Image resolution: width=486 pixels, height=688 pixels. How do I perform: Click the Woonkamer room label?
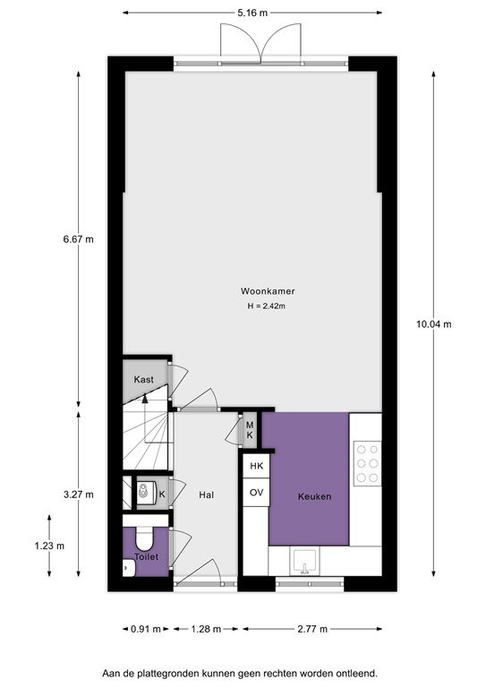[268, 291]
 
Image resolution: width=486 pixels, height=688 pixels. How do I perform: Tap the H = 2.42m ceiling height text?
[268, 306]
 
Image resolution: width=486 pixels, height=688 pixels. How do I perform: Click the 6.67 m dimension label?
[78, 239]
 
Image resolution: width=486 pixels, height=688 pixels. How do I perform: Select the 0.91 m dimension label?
[145, 628]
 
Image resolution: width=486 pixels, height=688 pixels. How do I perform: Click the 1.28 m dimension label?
[205, 628]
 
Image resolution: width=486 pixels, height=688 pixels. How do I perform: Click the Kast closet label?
[144, 379]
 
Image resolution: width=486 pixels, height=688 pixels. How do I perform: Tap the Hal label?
[205, 493]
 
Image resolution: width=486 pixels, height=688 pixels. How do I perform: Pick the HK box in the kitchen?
[256, 467]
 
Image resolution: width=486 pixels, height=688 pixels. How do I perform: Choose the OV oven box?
[256, 493]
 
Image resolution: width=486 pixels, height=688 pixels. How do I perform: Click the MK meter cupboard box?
[250, 429]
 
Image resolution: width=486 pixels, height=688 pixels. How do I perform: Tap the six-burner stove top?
[365, 464]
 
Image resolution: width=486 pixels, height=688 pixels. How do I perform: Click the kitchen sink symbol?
[305, 563]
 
